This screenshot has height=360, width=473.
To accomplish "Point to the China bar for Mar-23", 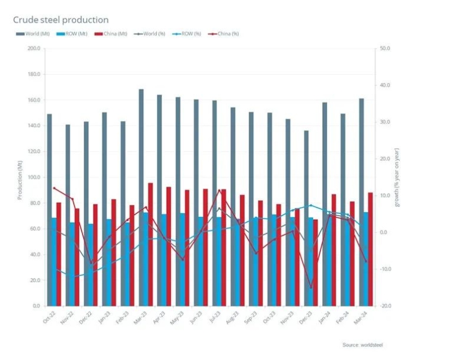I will pyautogui.click(x=150, y=244).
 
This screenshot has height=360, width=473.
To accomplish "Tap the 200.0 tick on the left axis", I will pyautogui.click(x=33, y=49).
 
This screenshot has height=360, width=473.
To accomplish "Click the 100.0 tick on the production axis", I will pyautogui.click(x=33, y=177).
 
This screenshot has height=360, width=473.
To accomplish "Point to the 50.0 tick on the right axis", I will pyautogui.click(x=384, y=49).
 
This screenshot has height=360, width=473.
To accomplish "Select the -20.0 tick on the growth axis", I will pyautogui.click(x=384, y=306).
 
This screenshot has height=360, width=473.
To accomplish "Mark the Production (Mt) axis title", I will pyautogui.click(x=20, y=177).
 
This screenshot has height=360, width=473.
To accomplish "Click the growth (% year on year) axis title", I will pyautogui.click(x=398, y=177).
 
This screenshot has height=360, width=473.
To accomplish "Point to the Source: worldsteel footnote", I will pyautogui.click(x=367, y=345).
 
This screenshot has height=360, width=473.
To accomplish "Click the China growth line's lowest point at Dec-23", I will pyautogui.click(x=310, y=288).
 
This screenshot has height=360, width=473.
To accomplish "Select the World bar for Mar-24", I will pyautogui.click(x=361, y=202).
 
